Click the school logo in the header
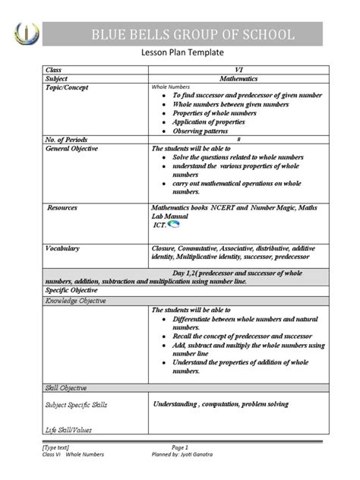coord(25,33)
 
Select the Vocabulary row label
coord(64,248)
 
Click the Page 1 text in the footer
coord(179,448)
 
